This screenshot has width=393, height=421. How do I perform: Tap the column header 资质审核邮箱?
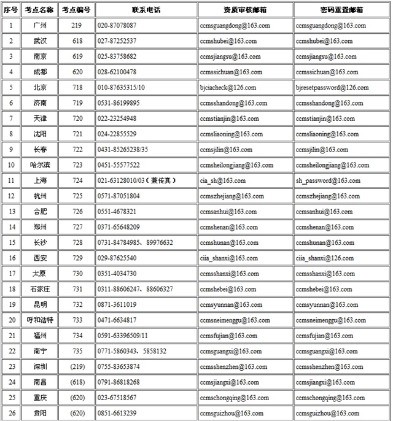(x=244, y=10)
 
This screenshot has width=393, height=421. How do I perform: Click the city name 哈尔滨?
(x=42, y=165)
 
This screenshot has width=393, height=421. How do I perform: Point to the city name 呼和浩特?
(x=42, y=320)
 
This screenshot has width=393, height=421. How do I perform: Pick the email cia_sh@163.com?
(x=222, y=181)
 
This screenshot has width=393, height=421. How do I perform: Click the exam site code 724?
(x=77, y=181)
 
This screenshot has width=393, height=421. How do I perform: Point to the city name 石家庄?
(x=42, y=289)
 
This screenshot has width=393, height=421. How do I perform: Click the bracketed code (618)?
(x=77, y=382)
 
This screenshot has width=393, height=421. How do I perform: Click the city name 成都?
(x=42, y=72)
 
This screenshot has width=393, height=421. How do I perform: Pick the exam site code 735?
(x=77, y=351)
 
